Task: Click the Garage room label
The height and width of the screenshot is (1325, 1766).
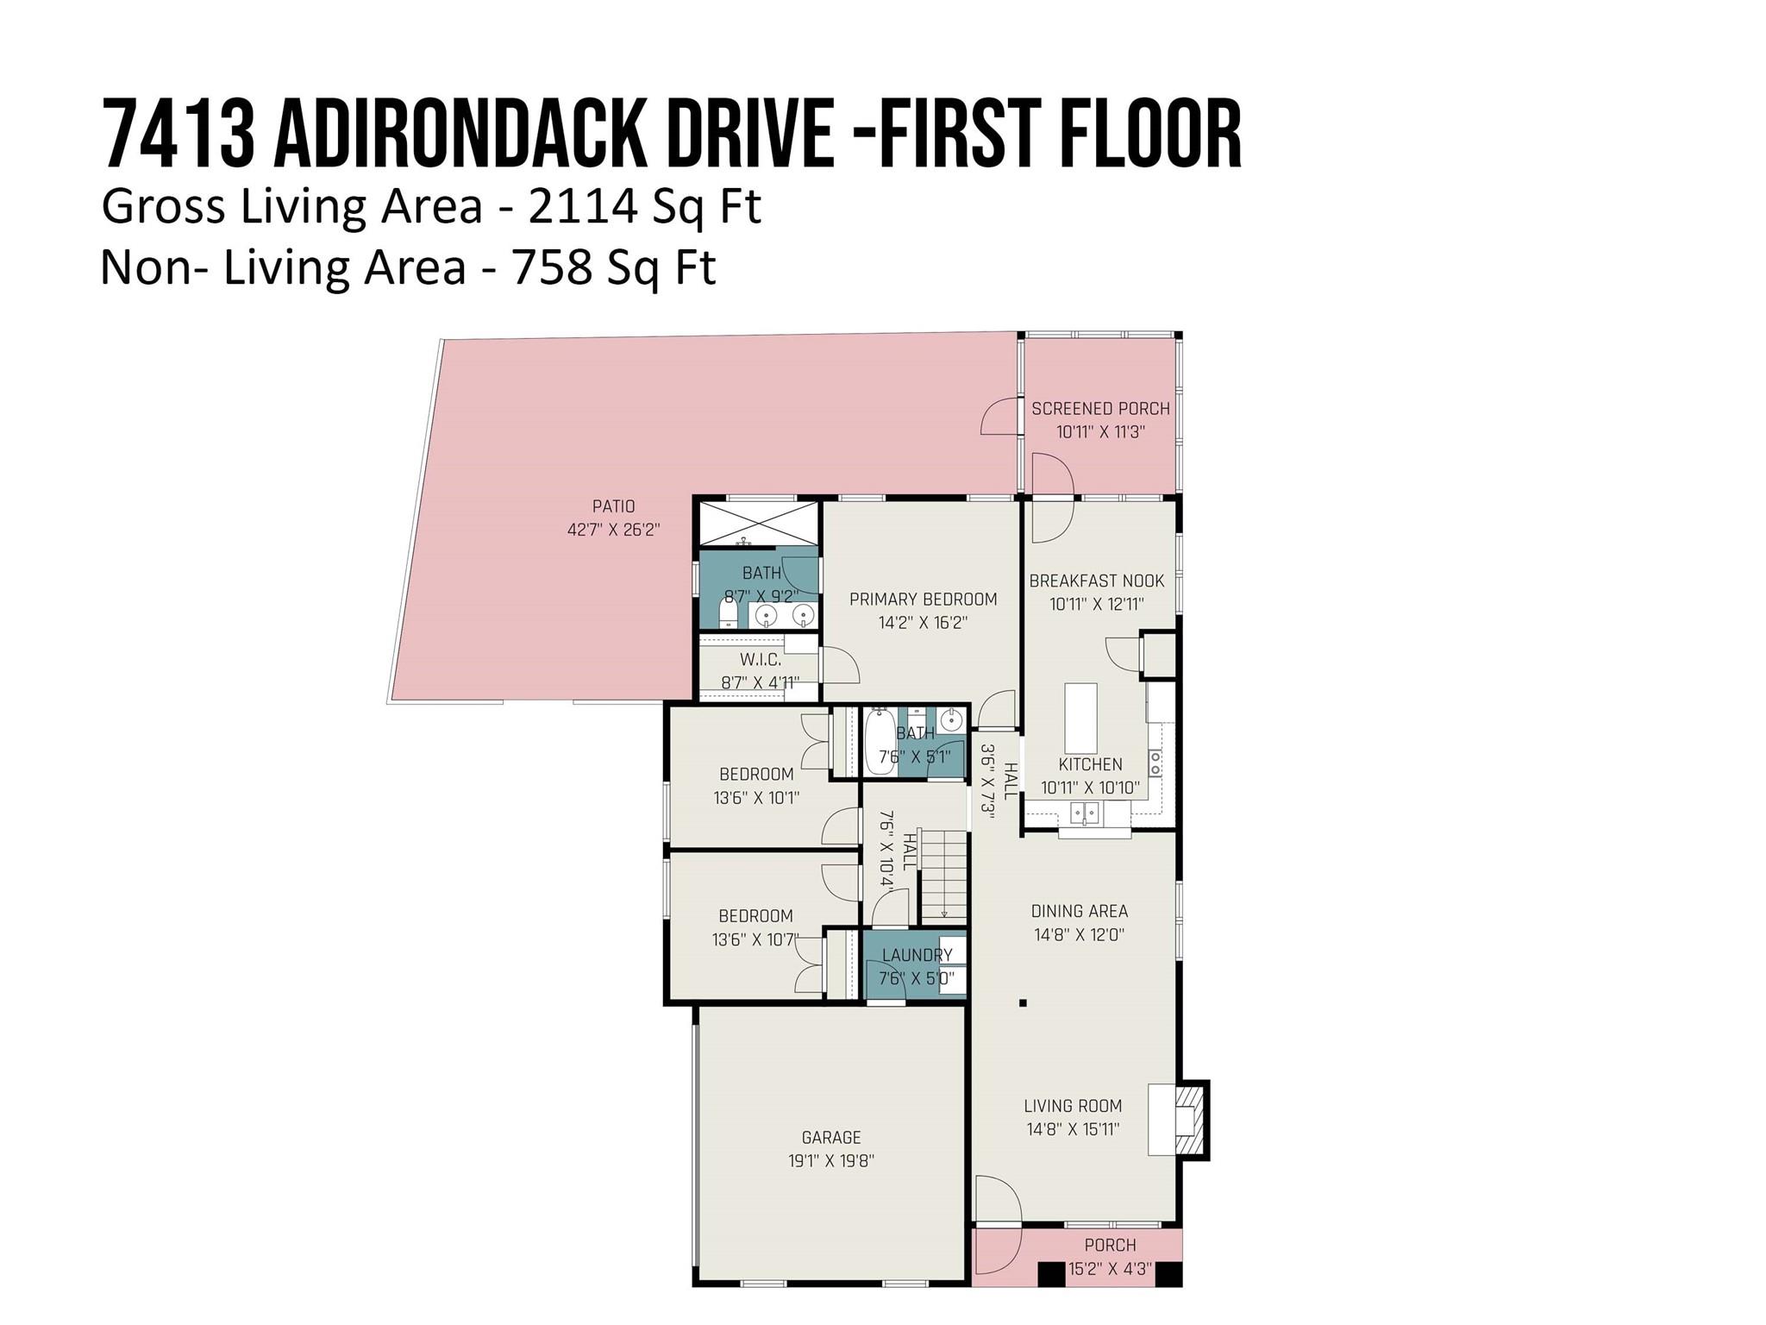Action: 831,1137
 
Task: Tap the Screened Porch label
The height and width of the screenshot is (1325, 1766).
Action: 1100,409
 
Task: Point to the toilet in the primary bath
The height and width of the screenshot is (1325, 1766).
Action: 729,613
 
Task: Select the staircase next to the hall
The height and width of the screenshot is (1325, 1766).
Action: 943,874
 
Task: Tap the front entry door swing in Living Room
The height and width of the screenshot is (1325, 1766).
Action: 997,1198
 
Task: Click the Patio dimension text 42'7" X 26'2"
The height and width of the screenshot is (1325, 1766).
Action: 613,530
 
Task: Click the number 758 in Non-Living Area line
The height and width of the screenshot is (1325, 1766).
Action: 552,268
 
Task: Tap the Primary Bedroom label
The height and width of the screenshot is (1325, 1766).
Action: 923,599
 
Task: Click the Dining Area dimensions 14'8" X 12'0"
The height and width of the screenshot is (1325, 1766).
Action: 1080,934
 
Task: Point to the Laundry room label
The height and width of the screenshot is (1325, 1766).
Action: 917,955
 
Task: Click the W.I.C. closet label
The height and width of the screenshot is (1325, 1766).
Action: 760,660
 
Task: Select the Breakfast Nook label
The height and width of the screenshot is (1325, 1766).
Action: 1097,581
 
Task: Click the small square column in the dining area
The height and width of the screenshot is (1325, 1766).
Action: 1023,1003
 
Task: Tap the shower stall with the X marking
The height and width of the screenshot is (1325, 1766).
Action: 757,523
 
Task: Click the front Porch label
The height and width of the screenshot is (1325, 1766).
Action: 1110,1245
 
